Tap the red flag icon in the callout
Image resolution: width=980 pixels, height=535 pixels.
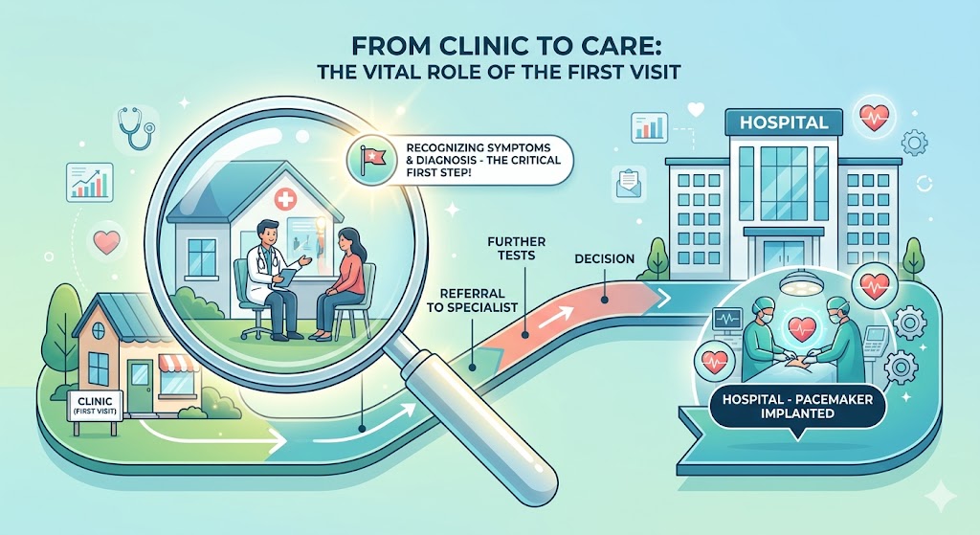click(x=373, y=156)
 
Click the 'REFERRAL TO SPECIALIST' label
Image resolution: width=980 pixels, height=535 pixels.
click(x=479, y=300)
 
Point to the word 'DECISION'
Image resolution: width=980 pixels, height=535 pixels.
click(x=605, y=258)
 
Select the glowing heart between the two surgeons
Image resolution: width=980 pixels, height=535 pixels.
click(x=801, y=327)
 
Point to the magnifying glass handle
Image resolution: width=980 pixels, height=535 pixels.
click(x=474, y=426)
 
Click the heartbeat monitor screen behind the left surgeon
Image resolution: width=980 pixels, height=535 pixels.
click(x=727, y=319)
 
